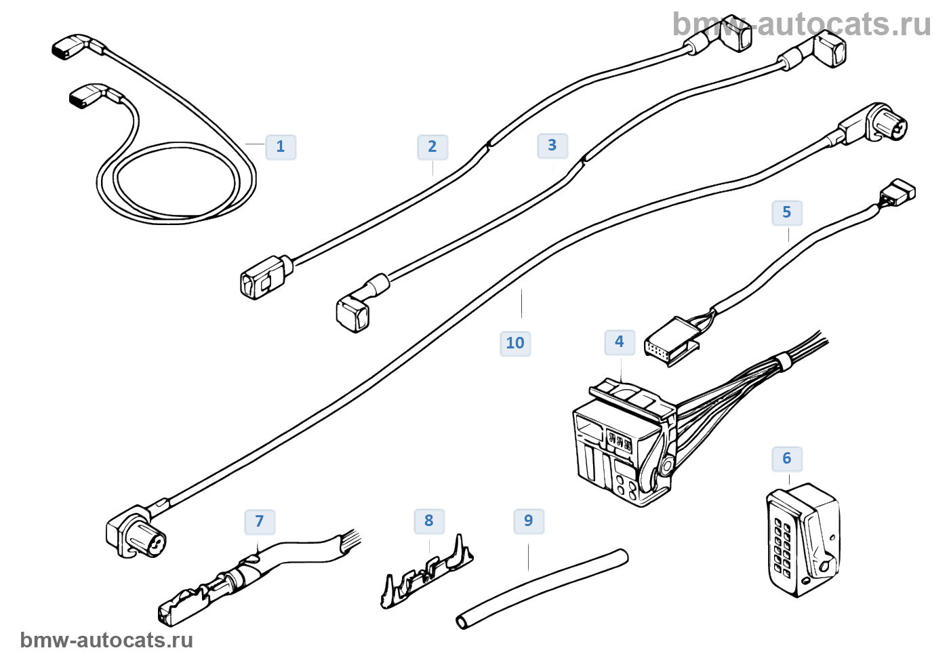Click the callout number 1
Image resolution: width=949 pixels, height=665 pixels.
281,146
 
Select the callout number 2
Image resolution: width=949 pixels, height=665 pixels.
432,146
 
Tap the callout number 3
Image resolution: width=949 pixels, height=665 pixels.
552,145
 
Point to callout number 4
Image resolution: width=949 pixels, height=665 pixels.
619,342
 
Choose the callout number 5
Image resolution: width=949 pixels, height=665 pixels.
786,212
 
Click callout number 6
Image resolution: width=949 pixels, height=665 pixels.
786,458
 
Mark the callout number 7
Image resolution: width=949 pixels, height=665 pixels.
259,521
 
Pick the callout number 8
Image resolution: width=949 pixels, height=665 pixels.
428,521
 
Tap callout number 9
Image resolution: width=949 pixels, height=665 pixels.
529,521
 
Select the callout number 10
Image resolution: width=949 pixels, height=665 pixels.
515,343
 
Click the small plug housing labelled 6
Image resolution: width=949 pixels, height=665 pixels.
804,540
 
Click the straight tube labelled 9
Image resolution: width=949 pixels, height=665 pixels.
542,588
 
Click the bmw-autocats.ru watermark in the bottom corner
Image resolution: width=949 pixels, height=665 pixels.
106,640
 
